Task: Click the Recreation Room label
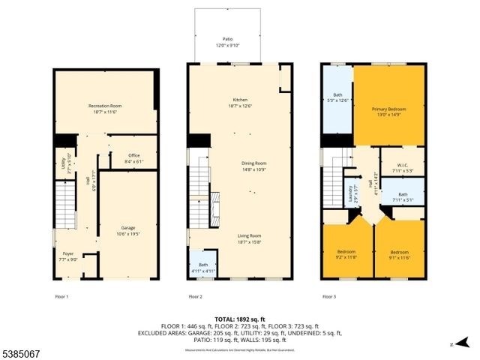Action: coord(105,109)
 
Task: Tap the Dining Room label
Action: coord(253,166)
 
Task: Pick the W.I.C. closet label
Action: coord(403,167)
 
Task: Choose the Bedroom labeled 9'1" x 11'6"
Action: coord(399,255)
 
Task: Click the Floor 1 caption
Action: coord(62,297)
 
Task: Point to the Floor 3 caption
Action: coord(329,297)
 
